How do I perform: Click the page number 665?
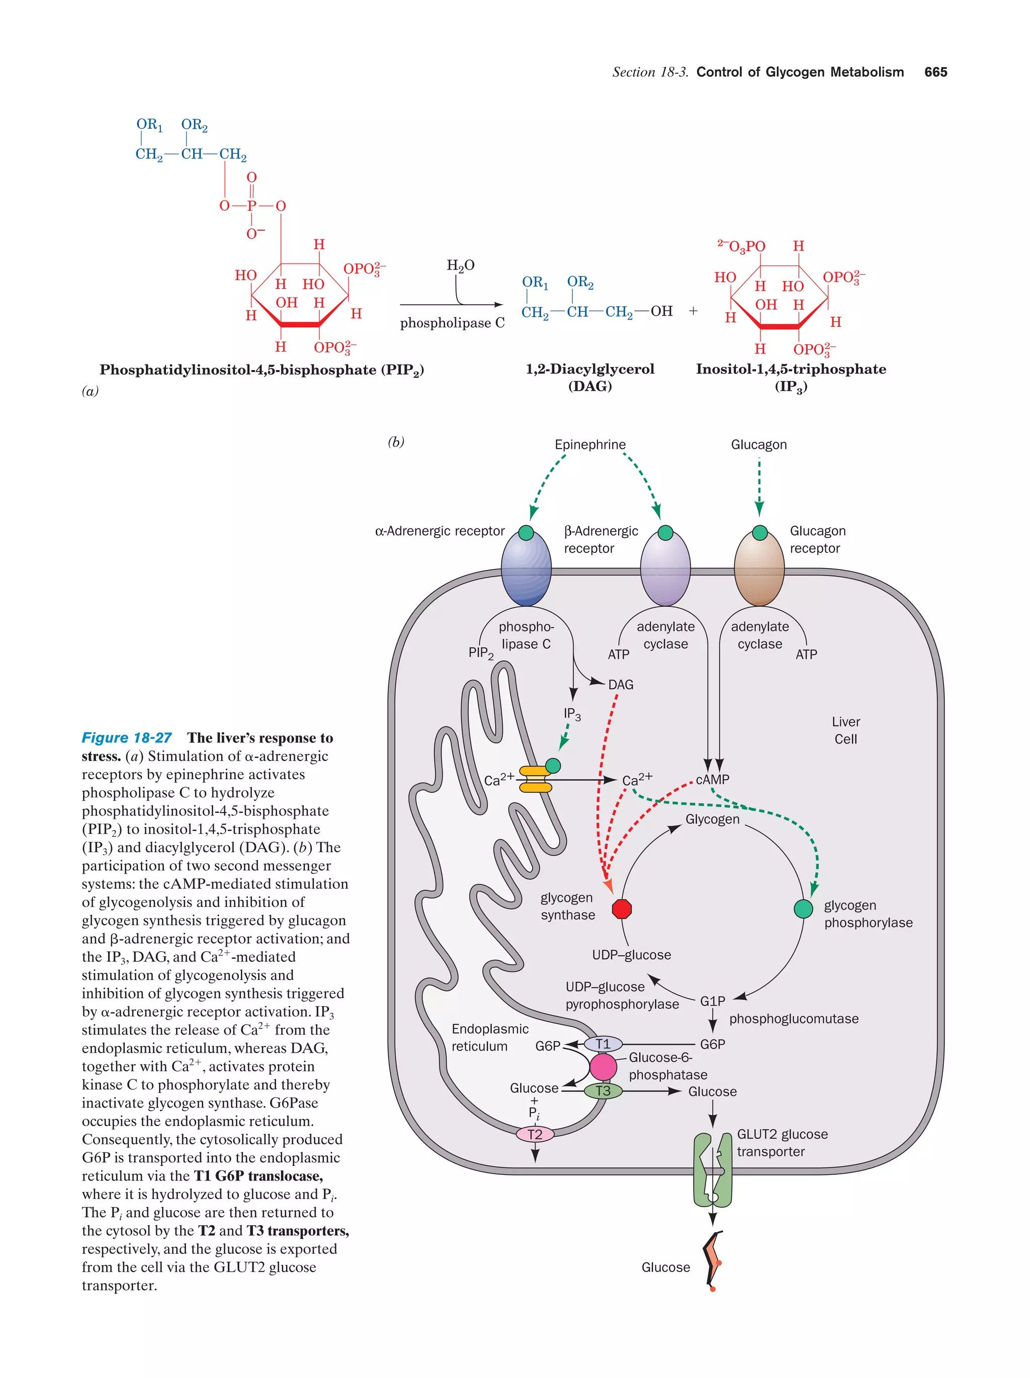point(935,72)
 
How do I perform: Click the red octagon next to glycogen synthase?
point(621,909)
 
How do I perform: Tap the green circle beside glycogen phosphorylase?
point(803,909)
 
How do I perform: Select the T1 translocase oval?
point(603,1044)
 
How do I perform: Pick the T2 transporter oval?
point(535,1134)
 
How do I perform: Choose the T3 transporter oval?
point(603,1091)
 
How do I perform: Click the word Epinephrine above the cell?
point(589,445)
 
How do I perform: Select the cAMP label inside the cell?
point(712,779)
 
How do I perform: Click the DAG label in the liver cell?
point(621,685)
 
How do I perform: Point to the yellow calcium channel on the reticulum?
point(535,779)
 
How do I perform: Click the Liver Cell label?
point(845,730)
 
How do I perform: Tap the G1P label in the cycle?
point(712,1001)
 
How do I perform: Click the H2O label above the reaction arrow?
point(461,266)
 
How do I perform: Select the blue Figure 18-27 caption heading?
point(127,738)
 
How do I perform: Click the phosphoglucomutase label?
point(793,1019)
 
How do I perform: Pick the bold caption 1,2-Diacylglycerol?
point(589,370)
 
